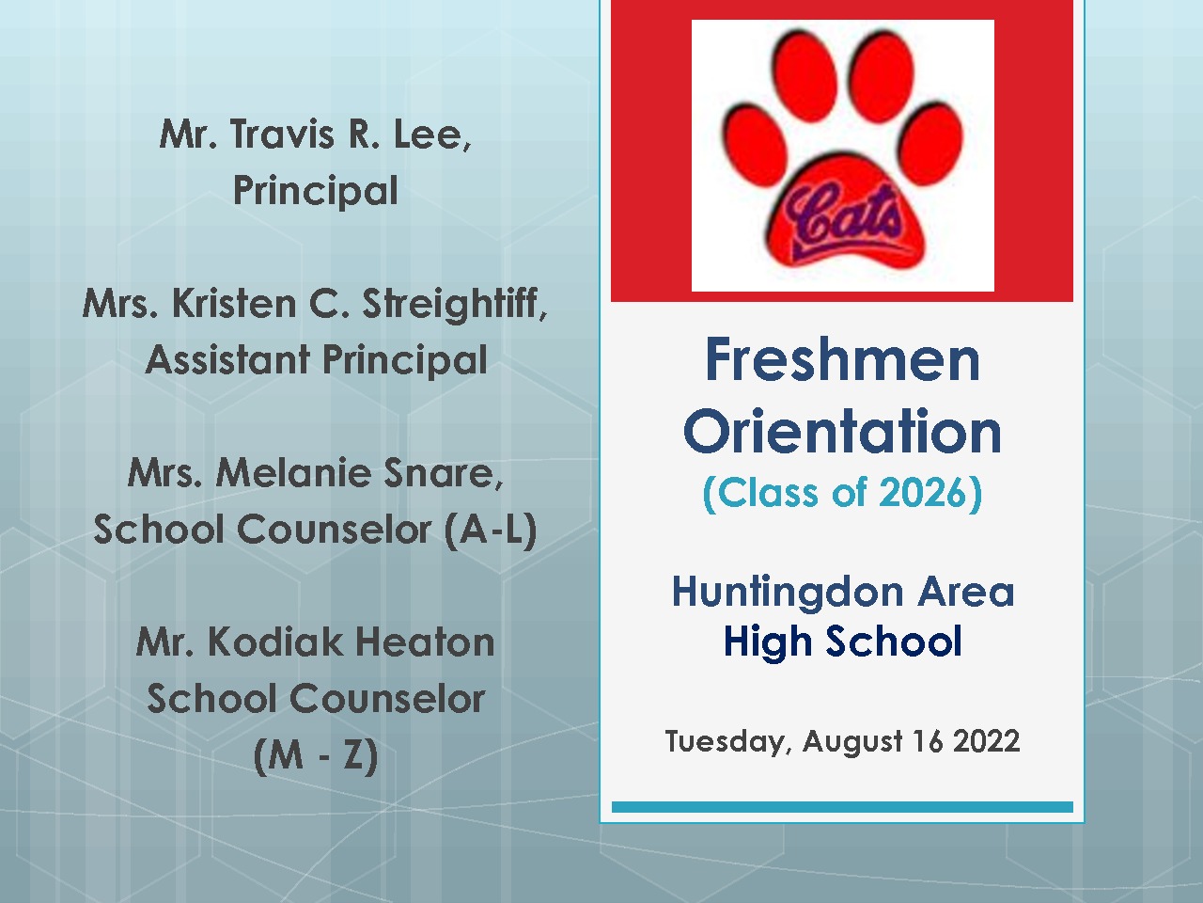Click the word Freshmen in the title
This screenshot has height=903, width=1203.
842,359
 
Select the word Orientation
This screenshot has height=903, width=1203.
842,431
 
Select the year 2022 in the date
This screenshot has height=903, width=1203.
987,741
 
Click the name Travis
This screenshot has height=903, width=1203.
282,134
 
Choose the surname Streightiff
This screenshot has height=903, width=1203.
454,305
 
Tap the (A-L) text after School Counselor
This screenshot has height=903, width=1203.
491,531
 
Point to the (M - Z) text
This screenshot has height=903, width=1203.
316,755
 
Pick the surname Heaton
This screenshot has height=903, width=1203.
424,642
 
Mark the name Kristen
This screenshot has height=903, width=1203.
234,304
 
